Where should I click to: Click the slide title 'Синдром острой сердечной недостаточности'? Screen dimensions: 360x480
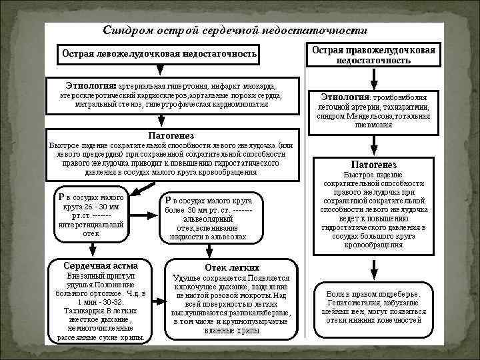pos(235,31)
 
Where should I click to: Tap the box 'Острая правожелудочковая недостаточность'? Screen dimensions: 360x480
pos(374,55)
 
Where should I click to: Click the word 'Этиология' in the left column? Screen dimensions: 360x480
pos(91,85)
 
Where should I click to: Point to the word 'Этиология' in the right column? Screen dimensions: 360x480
pos(345,97)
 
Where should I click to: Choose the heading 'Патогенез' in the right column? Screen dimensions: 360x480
pos(373,164)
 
